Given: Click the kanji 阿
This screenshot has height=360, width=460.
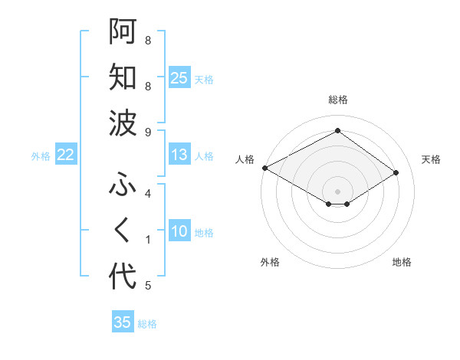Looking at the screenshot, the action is (x=123, y=31).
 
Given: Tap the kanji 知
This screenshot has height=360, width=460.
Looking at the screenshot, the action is (x=123, y=77).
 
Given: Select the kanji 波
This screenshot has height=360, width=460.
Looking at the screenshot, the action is (x=123, y=123).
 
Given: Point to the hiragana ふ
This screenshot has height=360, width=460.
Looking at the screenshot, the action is (x=123, y=184).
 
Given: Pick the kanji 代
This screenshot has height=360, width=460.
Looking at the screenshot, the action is (x=123, y=276).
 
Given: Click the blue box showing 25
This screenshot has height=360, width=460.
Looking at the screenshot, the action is (x=179, y=77).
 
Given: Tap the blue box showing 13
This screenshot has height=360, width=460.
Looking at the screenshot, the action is (x=179, y=155).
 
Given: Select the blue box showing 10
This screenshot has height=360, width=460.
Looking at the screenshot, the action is (x=179, y=231).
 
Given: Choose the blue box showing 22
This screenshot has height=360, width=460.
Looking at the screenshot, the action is (x=66, y=155).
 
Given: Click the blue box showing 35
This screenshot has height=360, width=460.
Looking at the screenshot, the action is (x=123, y=322).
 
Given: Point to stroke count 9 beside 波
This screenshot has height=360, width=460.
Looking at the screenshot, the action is (x=148, y=133).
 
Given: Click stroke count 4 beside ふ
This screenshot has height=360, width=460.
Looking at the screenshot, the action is (x=148, y=194).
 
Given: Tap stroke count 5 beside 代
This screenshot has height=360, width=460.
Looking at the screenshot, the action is (x=148, y=286).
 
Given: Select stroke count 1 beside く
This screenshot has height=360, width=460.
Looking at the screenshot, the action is (x=148, y=240).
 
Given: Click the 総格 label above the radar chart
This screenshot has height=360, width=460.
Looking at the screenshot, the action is (x=337, y=100).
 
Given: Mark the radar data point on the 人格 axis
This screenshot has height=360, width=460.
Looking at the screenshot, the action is (x=264, y=168).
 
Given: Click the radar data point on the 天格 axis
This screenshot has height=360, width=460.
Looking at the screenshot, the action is (x=396, y=172).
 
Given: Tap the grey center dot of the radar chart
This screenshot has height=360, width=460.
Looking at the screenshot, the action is (x=337, y=191).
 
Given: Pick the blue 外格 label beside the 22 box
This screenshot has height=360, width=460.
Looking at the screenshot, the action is (x=41, y=155).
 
